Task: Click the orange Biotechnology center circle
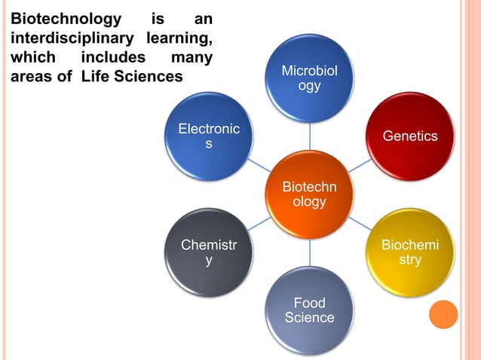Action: click(x=310, y=194)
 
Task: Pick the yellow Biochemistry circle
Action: click(x=410, y=252)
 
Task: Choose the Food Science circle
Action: click(x=310, y=310)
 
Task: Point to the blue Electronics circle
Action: click(x=210, y=136)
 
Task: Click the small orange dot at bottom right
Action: click(x=443, y=314)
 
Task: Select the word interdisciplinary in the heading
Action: click(x=62, y=37)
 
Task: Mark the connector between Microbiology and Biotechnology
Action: click(x=310, y=136)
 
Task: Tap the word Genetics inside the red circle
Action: click(x=410, y=136)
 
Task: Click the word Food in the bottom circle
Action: click(x=310, y=303)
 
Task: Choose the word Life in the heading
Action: click(x=101, y=76)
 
